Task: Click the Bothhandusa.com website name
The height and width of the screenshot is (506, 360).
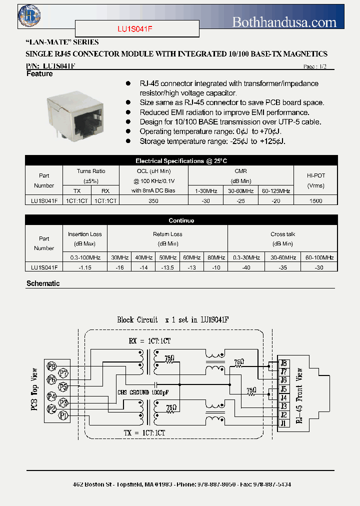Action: [284, 21]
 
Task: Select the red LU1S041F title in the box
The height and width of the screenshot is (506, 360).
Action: [137, 29]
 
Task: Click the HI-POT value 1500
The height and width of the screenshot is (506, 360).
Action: [315, 200]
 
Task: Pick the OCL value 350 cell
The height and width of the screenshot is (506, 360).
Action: [153, 200]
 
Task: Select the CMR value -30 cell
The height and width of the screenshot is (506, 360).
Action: [205, 200]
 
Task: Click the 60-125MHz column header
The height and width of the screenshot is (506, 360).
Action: [276, 191]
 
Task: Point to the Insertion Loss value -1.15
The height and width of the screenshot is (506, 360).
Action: [85, 267]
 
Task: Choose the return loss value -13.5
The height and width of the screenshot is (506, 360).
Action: [167, 267]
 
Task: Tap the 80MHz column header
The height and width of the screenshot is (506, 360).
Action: [216, 257]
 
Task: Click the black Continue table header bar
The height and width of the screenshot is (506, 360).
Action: [181, 220]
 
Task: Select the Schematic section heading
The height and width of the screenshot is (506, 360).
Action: [43, 283]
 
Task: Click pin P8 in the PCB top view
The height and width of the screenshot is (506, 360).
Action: [51, 367]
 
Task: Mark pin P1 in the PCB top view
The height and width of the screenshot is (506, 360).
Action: [63, 415]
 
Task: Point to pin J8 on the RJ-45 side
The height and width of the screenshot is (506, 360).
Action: [283, 363]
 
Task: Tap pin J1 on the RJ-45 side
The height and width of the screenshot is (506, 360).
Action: [283, 423]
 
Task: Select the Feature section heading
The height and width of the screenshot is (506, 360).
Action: [39, 74]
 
